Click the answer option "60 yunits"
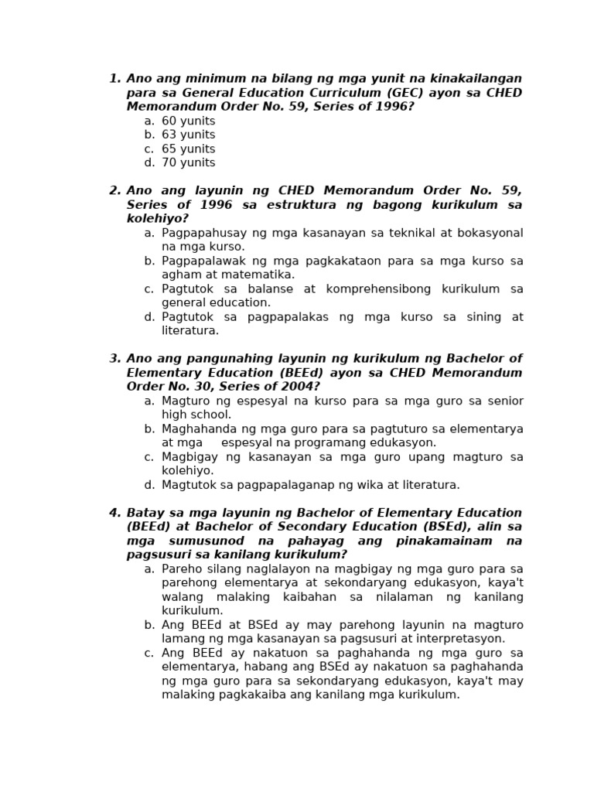coord(188,121)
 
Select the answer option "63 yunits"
coord(188,135)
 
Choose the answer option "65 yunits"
coord(188,149)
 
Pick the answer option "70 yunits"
coord(188,163)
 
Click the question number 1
coord(114,79)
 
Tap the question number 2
coord(114,191)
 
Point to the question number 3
coord(114,359)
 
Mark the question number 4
coord(114,513)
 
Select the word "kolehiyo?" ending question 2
coord(157,219)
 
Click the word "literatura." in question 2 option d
coord(190,331)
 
